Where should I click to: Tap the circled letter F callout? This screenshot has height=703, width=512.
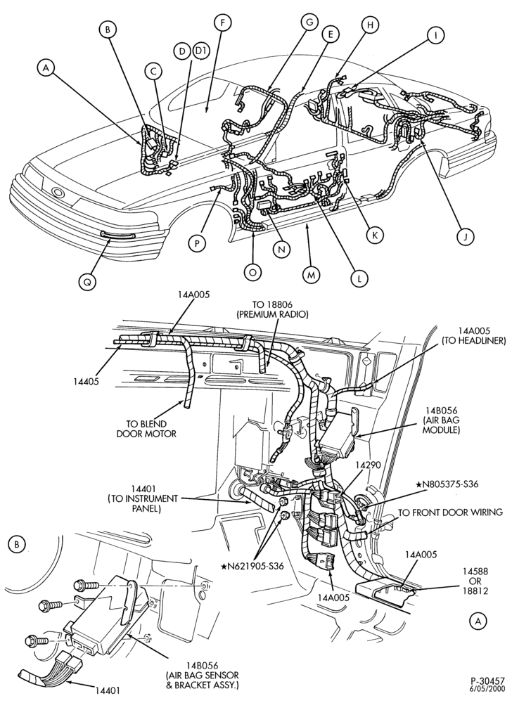click(223, 22)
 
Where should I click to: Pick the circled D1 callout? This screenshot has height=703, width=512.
click(201, 53)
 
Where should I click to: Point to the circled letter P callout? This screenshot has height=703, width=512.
click(197, 243)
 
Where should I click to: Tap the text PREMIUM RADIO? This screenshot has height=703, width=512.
click(272, 314)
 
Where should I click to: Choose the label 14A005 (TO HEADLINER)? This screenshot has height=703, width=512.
click(476, 336)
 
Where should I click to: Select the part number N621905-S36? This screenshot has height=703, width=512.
click(259, 566)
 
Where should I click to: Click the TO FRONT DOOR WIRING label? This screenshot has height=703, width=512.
click(450, 512)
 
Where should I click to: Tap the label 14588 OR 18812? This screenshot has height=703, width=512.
click(475, 581)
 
